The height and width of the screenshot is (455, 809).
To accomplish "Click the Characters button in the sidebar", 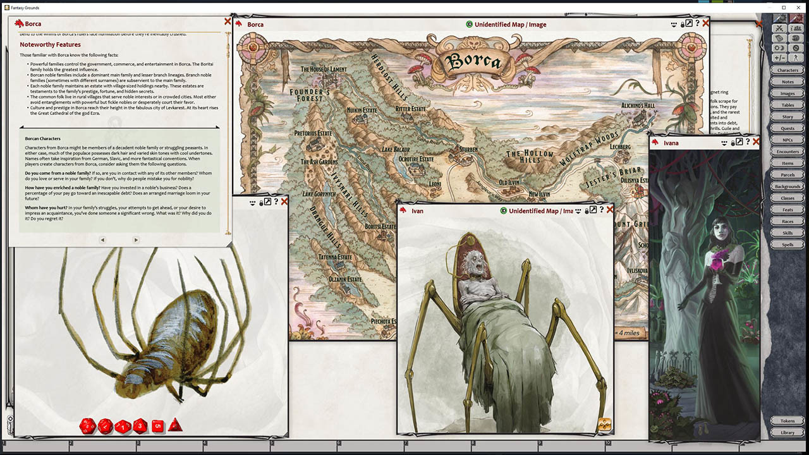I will (x=788, y=70).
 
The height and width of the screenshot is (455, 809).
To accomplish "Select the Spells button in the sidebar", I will (x=788, y=245).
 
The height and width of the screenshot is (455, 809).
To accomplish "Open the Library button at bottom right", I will (x=788, y=432).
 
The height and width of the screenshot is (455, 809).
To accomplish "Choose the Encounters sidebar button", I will (x=788, y=152).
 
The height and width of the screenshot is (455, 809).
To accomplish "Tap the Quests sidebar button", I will (x=788, y=128).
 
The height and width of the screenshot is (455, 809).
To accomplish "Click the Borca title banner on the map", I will (x=473, y=61).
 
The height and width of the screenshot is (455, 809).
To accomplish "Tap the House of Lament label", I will (x=324, y=70).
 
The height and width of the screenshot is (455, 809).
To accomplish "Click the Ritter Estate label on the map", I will (x=410, y=109).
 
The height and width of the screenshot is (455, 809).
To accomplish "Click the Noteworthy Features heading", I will (x=50, y=45).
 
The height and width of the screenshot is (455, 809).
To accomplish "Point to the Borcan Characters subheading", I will (x=42, y=138).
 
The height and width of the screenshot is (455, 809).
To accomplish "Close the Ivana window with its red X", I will (x=756, y=142).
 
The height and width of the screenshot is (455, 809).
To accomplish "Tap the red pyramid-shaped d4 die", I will (x=175, y=425).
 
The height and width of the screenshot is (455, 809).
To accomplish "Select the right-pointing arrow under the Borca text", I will (x=136, y=240).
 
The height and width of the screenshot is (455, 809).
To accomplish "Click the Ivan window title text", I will (x=417, y=211).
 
